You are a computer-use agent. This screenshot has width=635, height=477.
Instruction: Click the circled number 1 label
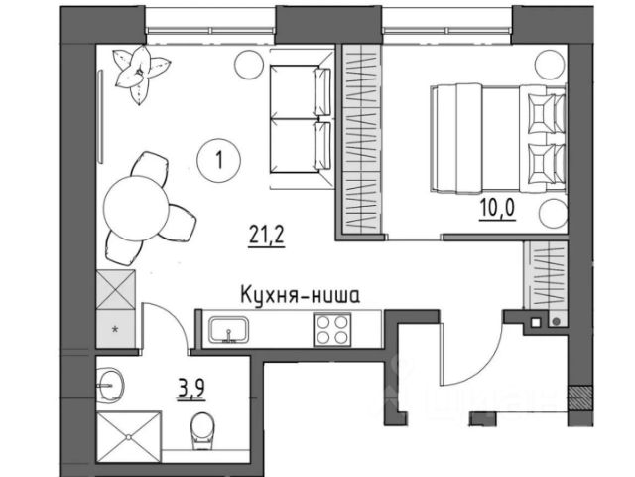[x=218, y=160]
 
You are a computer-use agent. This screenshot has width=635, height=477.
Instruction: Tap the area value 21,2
[x=267, y=236]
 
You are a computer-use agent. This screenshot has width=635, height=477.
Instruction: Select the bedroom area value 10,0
[x=497, y=209]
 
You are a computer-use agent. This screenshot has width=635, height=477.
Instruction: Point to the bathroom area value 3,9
[x=190, y=389]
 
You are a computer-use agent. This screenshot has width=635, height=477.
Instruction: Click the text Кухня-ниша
[x=300, y=295]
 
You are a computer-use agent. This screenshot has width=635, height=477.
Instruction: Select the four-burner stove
[x=332, y=329]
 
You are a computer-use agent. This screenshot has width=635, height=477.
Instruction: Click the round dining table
[x=136, y=209]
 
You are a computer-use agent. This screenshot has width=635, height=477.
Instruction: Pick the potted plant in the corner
[x=141, y=75]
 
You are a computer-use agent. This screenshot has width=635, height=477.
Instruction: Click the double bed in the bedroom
[x=498, y=137]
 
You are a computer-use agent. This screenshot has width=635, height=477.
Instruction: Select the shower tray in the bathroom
[x=129, y=437]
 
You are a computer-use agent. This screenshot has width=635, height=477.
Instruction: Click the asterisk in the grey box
[x=115, y=329]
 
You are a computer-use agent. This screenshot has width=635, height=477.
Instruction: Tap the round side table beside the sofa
[x=249, y=65]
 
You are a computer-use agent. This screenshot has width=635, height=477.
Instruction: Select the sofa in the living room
[x=302, y=119]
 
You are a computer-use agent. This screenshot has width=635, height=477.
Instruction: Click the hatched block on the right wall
[x=575, y=397]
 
